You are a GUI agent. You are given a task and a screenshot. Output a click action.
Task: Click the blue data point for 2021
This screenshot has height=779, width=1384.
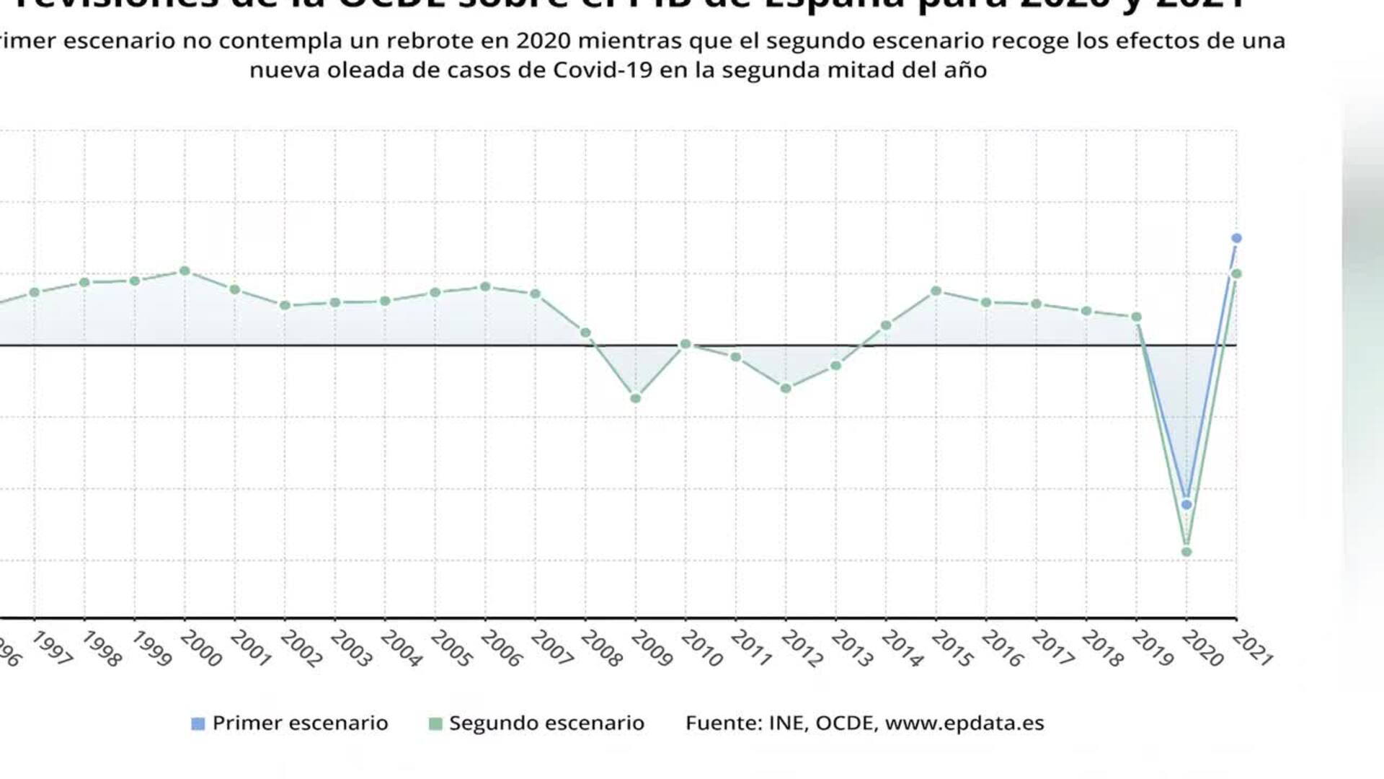(x=1236, y=238)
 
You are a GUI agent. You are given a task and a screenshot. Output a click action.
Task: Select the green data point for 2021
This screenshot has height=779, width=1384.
(x=1236, y=274)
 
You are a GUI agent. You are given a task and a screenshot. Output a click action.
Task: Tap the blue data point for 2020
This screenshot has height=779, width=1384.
(x=1186, y=504)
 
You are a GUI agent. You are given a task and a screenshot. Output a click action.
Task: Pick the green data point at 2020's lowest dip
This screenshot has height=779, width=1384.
(x=1186, y=552)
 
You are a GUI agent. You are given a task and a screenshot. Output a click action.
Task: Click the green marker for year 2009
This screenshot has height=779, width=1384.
(x=636, y=398)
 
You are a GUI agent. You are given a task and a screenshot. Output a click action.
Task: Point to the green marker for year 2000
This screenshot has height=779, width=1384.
(x=185, y=271)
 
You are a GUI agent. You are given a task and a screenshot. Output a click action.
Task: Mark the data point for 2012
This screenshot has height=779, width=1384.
(x=786, y=389)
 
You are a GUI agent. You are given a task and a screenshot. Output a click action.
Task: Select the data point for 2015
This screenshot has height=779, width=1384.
(x=936, y=291)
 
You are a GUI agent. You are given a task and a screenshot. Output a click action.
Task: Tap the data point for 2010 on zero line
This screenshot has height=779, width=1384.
(x=686, y=345)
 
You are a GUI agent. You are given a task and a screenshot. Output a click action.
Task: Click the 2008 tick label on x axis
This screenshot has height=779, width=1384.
(x=601, y=648)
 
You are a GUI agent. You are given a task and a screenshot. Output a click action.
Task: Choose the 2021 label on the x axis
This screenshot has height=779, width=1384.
(x=1253, y=647)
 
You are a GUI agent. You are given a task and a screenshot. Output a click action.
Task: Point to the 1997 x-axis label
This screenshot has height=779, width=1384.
(x=52, y=648)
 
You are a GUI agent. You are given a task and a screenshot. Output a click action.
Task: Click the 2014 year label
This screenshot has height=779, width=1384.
(x=902, y=648)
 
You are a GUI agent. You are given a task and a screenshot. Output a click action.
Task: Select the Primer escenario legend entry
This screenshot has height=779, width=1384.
(x=299, y=723)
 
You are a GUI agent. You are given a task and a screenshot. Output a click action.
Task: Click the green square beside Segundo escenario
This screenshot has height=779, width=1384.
(x=435, y=723)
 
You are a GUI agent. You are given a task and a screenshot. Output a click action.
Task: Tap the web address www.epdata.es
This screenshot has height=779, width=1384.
(x=964, y=723)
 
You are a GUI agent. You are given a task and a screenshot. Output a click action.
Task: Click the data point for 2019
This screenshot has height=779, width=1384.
(x=1136, y=317)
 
